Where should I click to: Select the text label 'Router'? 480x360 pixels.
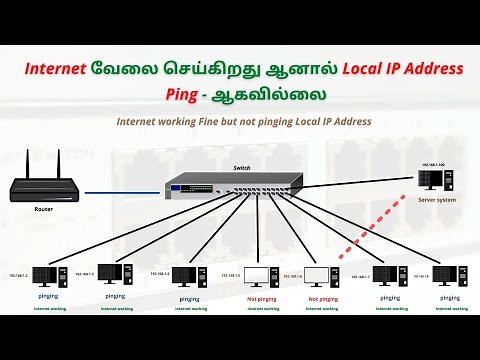click(43, 210)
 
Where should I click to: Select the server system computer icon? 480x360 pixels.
click(430, 181)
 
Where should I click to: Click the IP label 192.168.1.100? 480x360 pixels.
click(433, 162)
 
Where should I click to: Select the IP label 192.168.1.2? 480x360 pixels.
click(20, 272)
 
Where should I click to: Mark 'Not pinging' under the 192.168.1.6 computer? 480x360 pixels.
click(322, 298)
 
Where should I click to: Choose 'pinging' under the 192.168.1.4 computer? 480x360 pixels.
click(189, 298)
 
